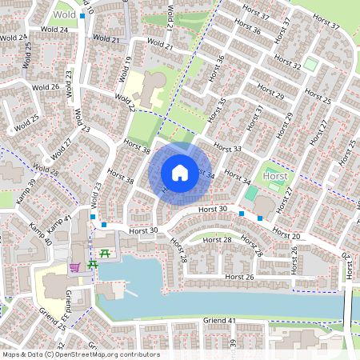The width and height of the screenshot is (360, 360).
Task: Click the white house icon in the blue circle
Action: tap(180, 172)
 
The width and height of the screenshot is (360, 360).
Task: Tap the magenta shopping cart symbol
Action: tap(75, 266)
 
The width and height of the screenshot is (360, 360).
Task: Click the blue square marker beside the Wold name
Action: tap(82, 15)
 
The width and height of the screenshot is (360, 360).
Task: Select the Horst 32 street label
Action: tap(286, 63)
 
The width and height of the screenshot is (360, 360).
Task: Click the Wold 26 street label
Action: tap(45, 86)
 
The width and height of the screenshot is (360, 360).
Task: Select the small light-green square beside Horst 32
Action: tap(310, 63)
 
